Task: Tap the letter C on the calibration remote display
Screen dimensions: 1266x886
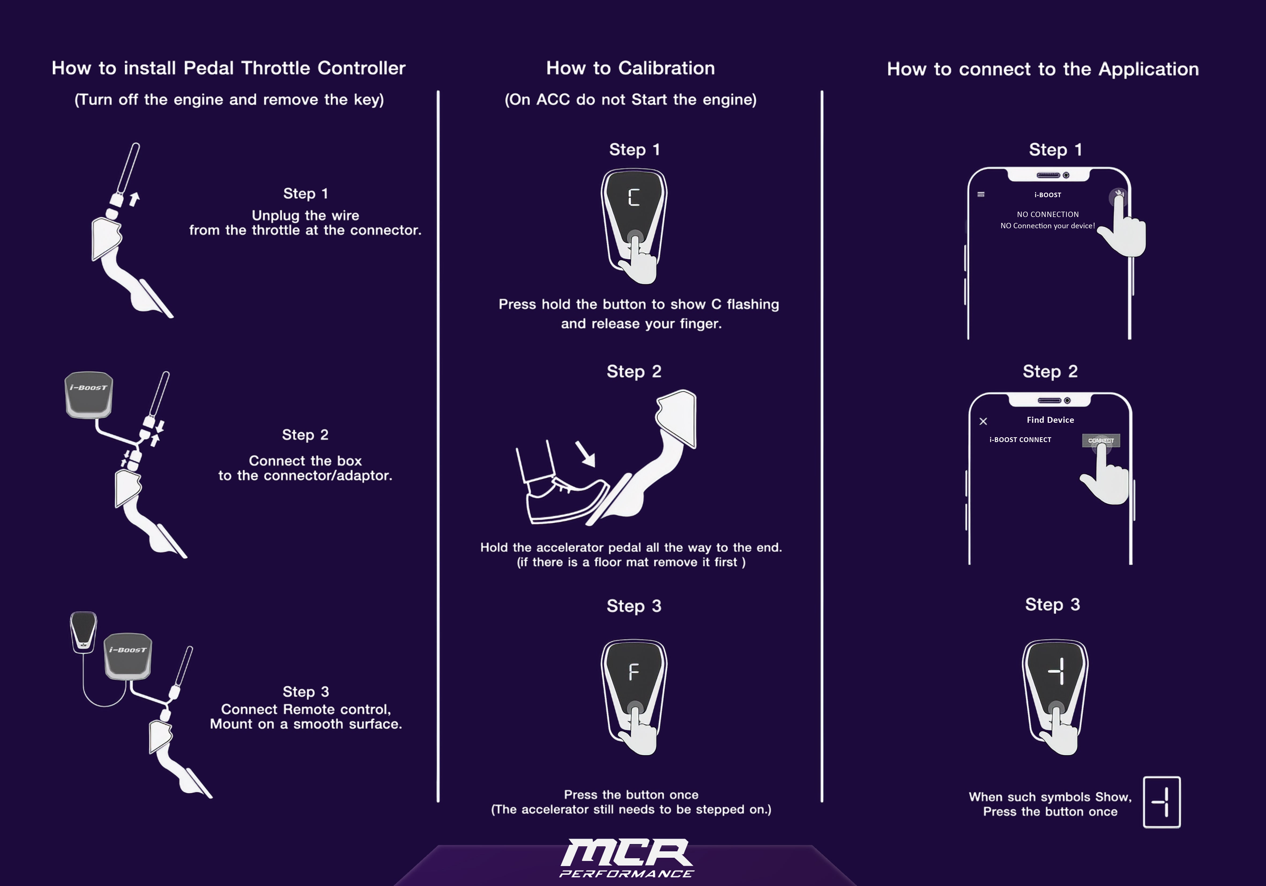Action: point(634,197)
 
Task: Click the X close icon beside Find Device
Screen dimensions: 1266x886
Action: point(983,421)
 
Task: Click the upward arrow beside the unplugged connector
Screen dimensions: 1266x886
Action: point(134,199)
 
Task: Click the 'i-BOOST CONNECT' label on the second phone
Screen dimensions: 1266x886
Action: point(1020,439)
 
